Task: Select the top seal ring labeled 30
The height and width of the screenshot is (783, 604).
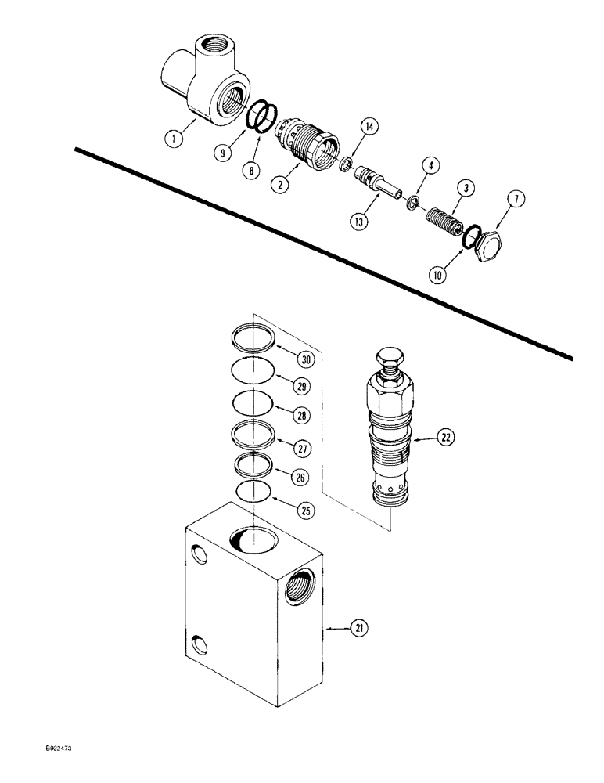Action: point(255,340)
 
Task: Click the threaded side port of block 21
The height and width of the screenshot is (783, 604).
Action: point(300,586)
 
